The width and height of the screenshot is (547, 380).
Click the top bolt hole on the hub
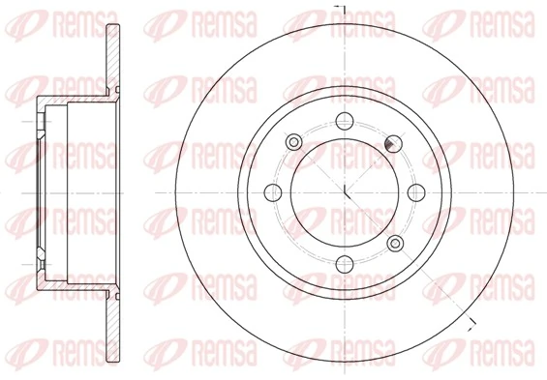(x=344, y=121)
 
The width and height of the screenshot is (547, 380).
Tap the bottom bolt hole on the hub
(x=344, y=263)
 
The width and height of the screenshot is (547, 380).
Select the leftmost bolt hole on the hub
(x=272, y=191)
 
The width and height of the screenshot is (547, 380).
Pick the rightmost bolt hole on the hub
(x=415, y=191)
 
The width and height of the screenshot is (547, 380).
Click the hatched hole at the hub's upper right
(x=393, y=142)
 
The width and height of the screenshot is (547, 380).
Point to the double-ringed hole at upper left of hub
(x=293, y=142)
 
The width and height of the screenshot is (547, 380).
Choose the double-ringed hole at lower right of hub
(x=394, y=242)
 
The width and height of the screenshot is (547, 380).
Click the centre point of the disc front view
(x=344, y=191)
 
